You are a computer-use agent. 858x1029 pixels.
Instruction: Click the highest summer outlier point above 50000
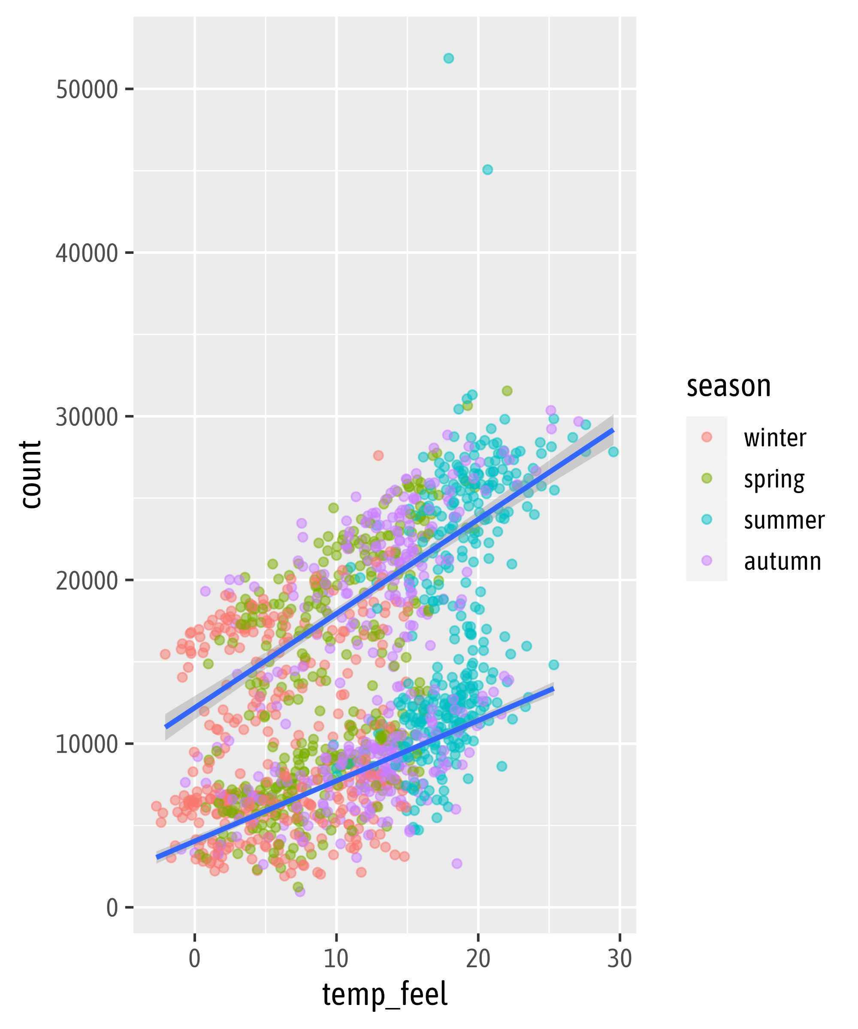coord(448,58)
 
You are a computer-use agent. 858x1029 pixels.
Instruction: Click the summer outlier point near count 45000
coord(487,169)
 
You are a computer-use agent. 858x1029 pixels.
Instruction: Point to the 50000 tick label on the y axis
coord(87,90)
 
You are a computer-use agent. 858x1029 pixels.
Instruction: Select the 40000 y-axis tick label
coord(87,253)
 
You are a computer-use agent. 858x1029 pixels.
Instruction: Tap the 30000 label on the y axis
coord(87,417)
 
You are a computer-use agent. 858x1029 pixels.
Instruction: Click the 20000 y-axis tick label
coord(87,581)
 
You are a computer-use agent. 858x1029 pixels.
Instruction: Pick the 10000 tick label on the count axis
coord(87,744)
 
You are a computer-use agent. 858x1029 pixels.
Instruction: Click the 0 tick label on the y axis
coord(112,908)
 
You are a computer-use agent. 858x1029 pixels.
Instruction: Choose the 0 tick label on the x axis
coord(195,958)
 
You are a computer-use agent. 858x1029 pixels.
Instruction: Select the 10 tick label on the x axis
coord(336,958)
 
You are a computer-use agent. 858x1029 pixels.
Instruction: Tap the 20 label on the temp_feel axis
coord(478,958)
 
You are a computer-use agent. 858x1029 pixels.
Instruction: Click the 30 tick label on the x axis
coord(620,958)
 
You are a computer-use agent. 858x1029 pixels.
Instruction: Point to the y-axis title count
coord(30,474)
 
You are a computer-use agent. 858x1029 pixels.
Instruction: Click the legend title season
coord(728,386)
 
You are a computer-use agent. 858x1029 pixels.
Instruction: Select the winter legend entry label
coord(775,438)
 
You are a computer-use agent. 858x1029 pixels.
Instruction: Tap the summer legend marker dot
coord(707,519)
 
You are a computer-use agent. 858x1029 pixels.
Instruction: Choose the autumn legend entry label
coord(782,561)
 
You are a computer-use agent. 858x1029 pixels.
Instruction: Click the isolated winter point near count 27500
coord(378,455)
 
